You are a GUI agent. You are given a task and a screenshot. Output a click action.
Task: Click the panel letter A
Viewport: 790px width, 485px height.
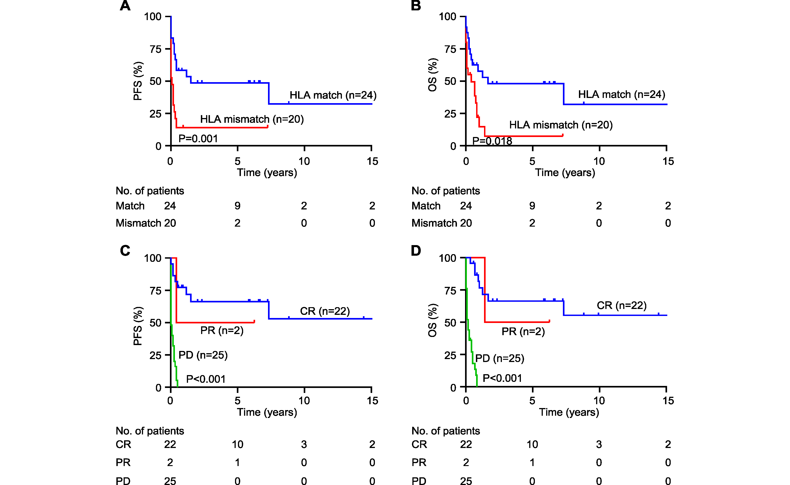click(x=125, y=6)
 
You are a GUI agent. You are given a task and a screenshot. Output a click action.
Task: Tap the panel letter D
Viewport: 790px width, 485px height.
click(x=416, y=251)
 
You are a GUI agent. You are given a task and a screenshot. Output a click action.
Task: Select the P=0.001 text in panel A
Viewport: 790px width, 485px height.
click(x=198, y=139)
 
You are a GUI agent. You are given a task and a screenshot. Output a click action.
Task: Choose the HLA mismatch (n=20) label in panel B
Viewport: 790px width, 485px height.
click(x=561, y=125)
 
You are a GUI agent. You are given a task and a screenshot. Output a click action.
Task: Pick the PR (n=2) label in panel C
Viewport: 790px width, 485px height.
click(x=222, y=330)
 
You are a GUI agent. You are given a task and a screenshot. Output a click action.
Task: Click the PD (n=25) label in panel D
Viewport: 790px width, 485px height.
click(x=499, y=358)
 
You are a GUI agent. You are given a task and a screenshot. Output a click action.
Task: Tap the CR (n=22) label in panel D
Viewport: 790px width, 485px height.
click(x=621, y=305)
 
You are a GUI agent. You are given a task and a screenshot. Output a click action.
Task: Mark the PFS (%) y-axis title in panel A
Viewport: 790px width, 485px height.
click(x=138, y=81)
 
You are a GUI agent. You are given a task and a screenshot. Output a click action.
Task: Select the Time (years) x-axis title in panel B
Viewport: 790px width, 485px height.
click(x=565, y=173)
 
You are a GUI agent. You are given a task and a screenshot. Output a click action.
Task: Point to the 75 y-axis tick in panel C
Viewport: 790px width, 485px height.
click(x=155, y=291)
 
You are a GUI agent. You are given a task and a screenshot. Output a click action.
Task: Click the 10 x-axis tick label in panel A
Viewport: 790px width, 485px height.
click(x=304, y=161)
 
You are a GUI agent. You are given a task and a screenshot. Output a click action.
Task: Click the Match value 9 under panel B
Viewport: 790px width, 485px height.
click(x=532, y=206)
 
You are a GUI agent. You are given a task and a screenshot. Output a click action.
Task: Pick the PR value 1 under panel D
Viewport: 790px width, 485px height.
click(x=532, y=463)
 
